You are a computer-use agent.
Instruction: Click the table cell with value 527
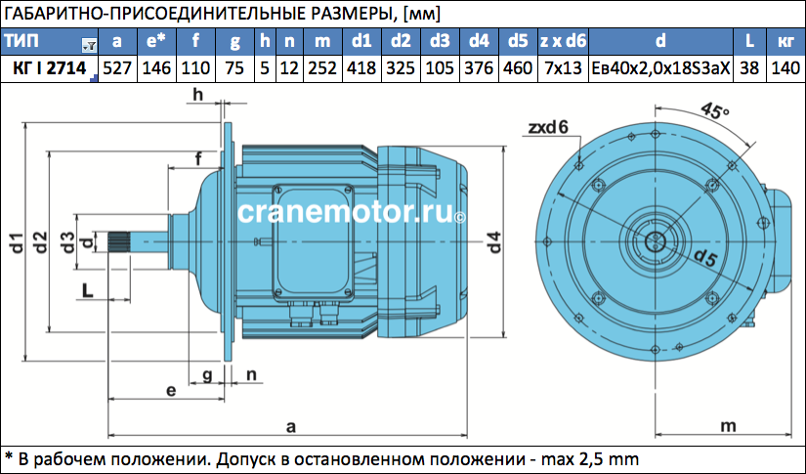tap(117, 68)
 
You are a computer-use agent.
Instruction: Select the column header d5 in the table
tap(518, 41)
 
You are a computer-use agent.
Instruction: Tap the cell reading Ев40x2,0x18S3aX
tap(660, 68)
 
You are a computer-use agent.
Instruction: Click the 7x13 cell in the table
tap(563, 68)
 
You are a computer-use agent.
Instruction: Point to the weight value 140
tap(785, 68)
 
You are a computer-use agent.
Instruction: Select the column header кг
tap(785, 41)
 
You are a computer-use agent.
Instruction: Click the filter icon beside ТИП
tap(90, 46)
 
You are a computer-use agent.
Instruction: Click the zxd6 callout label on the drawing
tap(548, 126)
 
